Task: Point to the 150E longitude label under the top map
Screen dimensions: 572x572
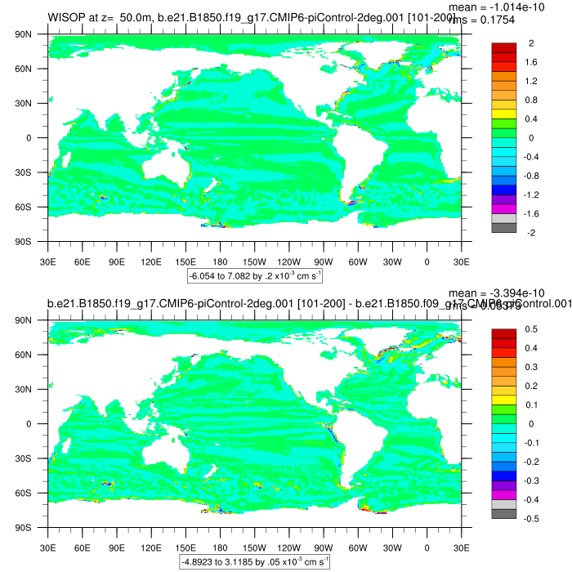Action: pyautogui.click(x=186, y=261)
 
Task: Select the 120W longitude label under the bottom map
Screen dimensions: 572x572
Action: pyautogui.click(x=289, y=547)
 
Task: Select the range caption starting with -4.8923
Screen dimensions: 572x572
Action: pyautogui.click(x=255, y=562)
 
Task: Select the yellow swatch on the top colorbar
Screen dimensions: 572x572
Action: pyautogui.click(x=503, y=113)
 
